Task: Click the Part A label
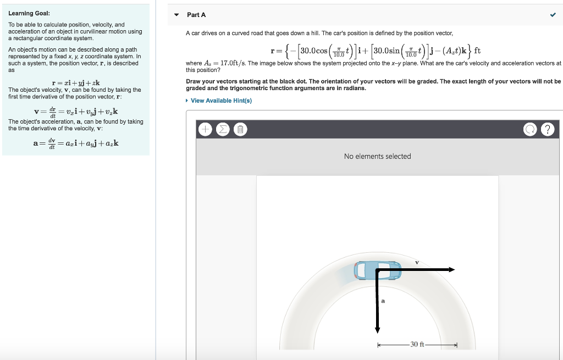click(196, 15)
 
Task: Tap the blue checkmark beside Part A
click(553, 15)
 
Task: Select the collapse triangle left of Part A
click(176, 15)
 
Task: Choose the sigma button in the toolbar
click(223, 130)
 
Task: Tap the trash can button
click(240, 130)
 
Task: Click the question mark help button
click(547, 130)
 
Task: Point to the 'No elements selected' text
click(377, 157)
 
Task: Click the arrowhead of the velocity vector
click(451, 270)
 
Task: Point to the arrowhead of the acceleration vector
click(377, 329)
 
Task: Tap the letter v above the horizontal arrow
click(417, 262)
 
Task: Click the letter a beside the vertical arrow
click(383, 301)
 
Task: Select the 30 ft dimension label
click(418, 345)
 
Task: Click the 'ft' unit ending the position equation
click(477, 51)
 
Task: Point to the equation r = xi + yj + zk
click(75, 83)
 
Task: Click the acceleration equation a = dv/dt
click(75, 143)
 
